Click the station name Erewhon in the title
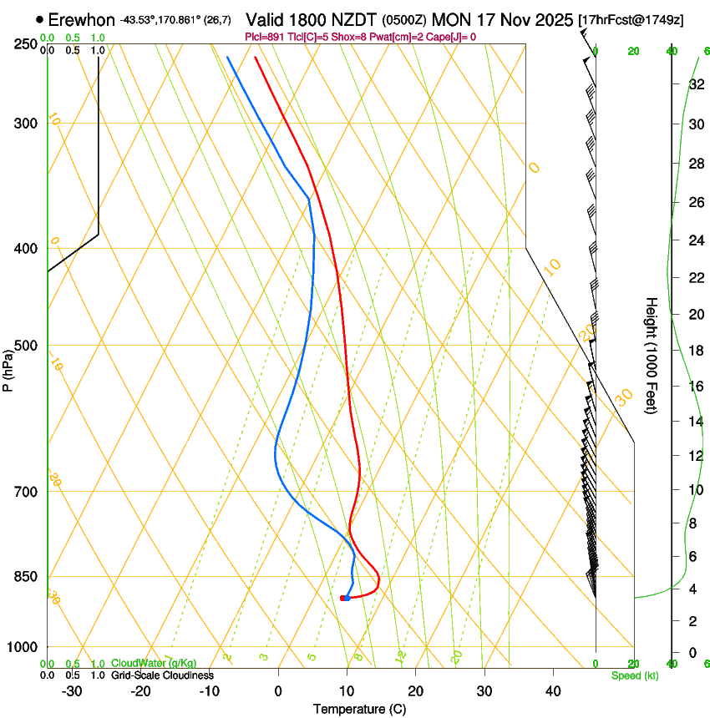81,19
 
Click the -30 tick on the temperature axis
71,690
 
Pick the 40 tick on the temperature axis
552,690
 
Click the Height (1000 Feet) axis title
652,355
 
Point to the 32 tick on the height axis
696,83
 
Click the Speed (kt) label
634,675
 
